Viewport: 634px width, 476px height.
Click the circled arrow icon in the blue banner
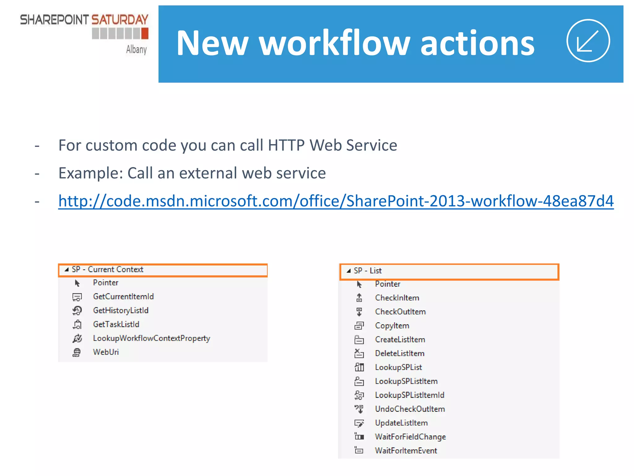(588, 41)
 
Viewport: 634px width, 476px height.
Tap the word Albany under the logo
(136, 49)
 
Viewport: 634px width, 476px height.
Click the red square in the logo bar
(145, 33)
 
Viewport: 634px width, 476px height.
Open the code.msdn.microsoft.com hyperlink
(336, 201)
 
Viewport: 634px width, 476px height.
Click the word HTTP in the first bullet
(286, 145)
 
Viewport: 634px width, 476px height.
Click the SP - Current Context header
(107, 270)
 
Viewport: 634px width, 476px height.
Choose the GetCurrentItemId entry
(123, 297)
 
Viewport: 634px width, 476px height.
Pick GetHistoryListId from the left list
(121, 311)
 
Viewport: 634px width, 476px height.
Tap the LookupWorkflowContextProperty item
(151, 338)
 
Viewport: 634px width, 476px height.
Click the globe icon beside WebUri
(77, 352)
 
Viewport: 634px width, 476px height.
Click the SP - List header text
(368, 271)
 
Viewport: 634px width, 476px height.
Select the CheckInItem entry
(397, 298)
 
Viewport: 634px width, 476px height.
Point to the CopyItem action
(392, 326)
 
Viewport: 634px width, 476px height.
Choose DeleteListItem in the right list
(400, 354)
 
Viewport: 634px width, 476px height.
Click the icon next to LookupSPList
(359, 368)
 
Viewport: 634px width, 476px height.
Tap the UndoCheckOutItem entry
(410, 409)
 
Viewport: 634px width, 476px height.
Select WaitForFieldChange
(410, 437)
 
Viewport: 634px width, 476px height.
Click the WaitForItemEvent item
(406, 451)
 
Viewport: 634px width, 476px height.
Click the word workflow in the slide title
(335, 43)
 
